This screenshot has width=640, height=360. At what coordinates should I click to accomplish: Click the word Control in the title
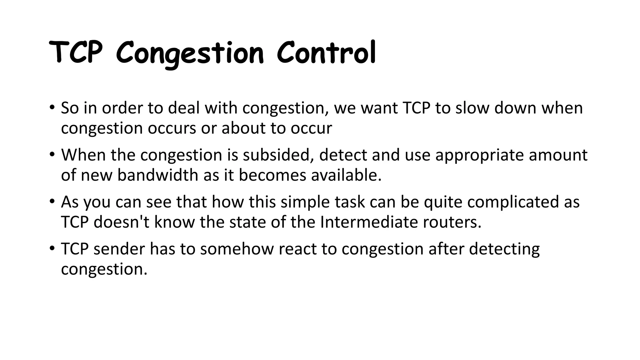coord(326,53)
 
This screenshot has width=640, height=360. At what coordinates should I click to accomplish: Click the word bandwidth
coord(158,175)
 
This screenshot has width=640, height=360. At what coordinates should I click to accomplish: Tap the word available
coord(346,175)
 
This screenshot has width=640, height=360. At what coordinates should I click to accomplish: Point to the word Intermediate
coord(369,222)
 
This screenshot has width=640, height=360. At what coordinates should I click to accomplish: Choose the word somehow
coord(237,249)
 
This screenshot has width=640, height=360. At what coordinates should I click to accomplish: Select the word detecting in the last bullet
coord(504,249)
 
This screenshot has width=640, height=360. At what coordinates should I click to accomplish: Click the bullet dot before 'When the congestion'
coord(52,154)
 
